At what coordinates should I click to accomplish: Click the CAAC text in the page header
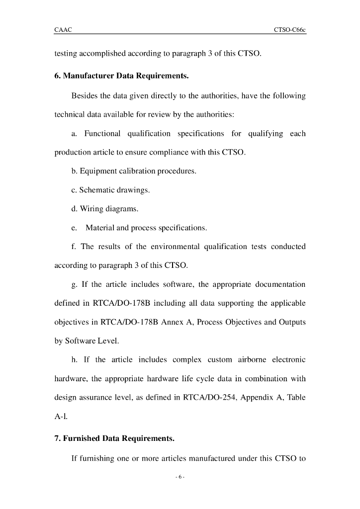[x=63, y=30]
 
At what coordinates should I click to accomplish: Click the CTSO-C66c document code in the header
[x=289, y=30]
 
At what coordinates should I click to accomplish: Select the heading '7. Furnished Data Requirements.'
[x=114, y=438]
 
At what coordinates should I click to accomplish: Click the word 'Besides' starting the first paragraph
[x=84, y=95]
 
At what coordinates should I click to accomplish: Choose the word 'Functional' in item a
[x=102, y=133]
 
